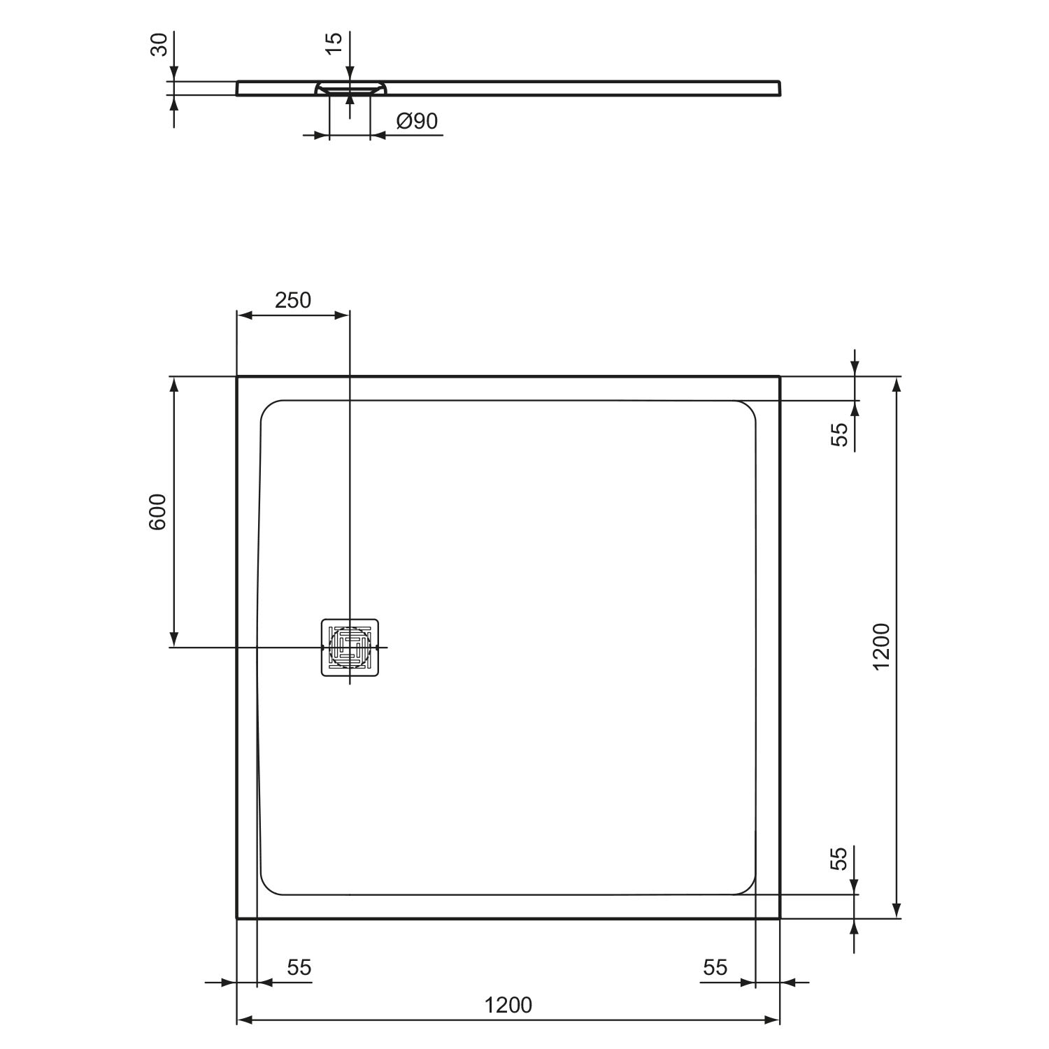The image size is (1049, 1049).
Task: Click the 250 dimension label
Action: pyautogui.click(x=292, y=300)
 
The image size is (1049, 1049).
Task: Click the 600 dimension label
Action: pyautogui.click(x=157, y=511)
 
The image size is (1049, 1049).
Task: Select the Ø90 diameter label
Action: pyautogui.click(x=417, y=121)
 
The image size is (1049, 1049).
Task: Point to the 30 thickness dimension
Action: pyautogui.click(x=160, y=45)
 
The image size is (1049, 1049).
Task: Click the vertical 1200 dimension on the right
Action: pyautogui.click(x=881, y=646)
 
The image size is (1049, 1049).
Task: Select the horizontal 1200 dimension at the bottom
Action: pyautogui.click(x=508, y=1005)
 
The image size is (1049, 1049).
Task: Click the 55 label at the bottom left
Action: pyautogui.click(x=299, y=967)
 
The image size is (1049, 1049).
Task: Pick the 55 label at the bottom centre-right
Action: pyautogui.click(x=715, y=967)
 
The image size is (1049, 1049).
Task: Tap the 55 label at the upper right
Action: pyautogui.click(x=839, y=434)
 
